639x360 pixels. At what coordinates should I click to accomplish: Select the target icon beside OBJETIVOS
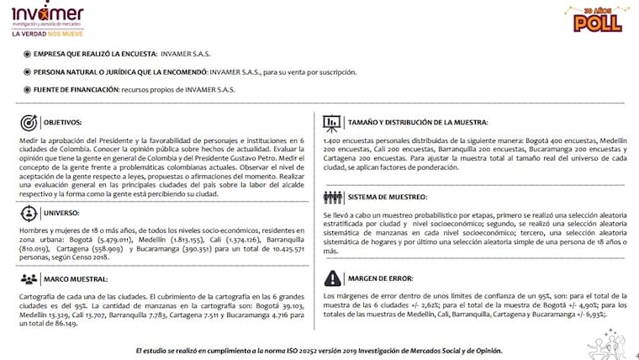pyautogui.click(x=28, y=121)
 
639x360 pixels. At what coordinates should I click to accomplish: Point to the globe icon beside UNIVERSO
pyautogui.click(x=28, y=212)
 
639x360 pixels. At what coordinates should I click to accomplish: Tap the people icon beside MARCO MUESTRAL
pyautogui.click(x=28, y=278)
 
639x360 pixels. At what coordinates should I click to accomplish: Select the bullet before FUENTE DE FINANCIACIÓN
pyautogui.click(x=27, y=88)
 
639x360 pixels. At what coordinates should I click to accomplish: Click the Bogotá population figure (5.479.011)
pyautogui.click(x=115, y=239)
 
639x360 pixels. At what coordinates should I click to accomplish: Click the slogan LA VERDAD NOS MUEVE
pyautogui.click(x=47, y=34)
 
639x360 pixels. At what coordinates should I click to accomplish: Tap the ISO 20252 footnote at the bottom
pyautogui.click(x=319, y=349)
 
